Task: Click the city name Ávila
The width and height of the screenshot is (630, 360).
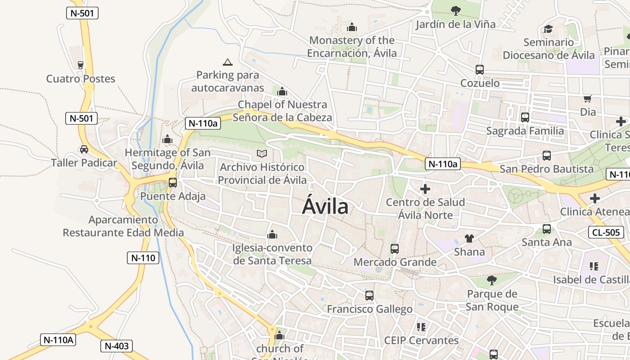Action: (x=325, y=207)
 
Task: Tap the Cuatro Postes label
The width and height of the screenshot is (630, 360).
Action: (x=81, y=79)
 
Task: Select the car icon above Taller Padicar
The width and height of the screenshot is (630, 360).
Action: (x=84, y=149)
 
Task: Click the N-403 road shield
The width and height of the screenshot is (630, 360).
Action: (x=117, y=346)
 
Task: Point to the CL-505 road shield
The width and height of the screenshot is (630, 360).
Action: (x=606, y=232)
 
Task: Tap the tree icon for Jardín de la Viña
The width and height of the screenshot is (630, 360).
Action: (x=455, y=10)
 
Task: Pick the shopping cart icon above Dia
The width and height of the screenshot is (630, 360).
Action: (x=587, y=99)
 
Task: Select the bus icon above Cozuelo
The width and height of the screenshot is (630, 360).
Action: (x=480, y=70)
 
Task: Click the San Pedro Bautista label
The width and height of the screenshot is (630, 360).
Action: (x=547, y=169)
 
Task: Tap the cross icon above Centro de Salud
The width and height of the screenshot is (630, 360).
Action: (x=425, y=189)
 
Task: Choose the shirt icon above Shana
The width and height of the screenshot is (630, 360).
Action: (x=469, y=238)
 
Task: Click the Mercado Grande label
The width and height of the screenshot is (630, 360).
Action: (x=395, y=262)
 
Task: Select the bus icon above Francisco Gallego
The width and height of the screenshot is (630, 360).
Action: (x=369, y=296)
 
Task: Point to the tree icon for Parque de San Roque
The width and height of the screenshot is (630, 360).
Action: (x=492, y=280)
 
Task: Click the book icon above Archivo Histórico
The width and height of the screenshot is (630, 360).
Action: (x=262, y=153)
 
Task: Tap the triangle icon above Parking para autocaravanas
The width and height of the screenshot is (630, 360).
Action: (x=228, y=62)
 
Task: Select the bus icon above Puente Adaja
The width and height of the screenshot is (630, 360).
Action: (x=173, y=183)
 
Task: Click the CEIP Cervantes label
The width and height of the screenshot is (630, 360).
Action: (x=421, y=340)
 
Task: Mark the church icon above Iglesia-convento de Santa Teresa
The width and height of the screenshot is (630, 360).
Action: (x=272, y=234)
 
